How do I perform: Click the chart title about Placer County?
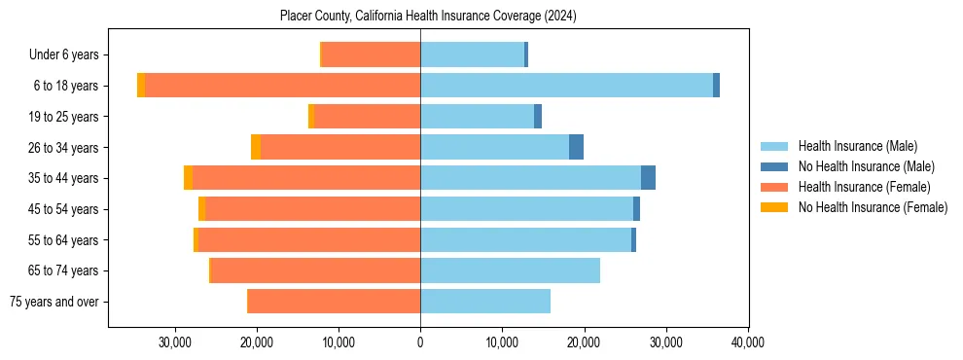point(428,17)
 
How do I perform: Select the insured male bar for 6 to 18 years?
point(566,86)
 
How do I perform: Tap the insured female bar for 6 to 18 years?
point(282,86)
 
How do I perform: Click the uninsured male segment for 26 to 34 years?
point(576,147)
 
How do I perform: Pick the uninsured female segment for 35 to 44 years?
point(188,178)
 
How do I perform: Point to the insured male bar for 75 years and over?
point(485,302)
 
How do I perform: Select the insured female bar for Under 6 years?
point(371,54)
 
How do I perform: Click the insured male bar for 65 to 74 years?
point(510,270)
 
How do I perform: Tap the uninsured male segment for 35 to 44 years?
point(648,178)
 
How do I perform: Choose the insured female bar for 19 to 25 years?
point(367,117)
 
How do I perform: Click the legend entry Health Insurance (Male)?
point(857,147)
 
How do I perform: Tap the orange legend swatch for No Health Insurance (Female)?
point(775,207)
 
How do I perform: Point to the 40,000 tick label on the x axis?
point(747,342)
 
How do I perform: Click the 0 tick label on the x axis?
point(420,342)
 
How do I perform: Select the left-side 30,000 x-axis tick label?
point(175,342)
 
